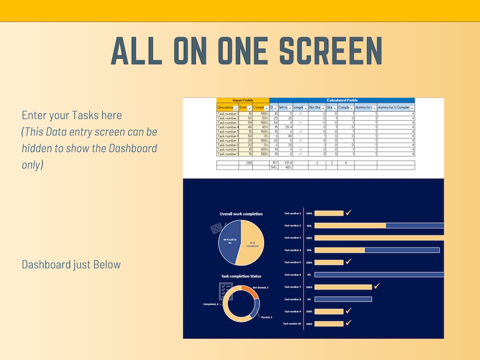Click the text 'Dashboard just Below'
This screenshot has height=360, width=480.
pos(71,265)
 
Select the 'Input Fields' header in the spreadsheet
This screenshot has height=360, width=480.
pos(242,100)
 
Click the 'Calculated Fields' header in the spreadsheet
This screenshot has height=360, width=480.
pos(342,100)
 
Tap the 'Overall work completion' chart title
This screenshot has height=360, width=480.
pos(241,214)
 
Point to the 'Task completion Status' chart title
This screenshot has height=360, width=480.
pos(241,276)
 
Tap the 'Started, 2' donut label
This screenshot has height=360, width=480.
pos(267,317)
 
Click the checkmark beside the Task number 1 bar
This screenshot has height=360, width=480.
pos(349,213)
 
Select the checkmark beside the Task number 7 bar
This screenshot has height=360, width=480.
pos(377,286)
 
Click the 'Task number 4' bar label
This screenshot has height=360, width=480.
pos(292,250)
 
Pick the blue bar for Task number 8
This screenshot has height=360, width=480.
pos(343,299)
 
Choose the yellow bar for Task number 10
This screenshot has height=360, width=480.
pos(329,324)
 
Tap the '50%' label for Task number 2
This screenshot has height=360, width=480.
pos(309,225)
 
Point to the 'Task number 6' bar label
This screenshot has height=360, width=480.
pos(292,275)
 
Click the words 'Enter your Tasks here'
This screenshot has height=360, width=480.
pos(72,115)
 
